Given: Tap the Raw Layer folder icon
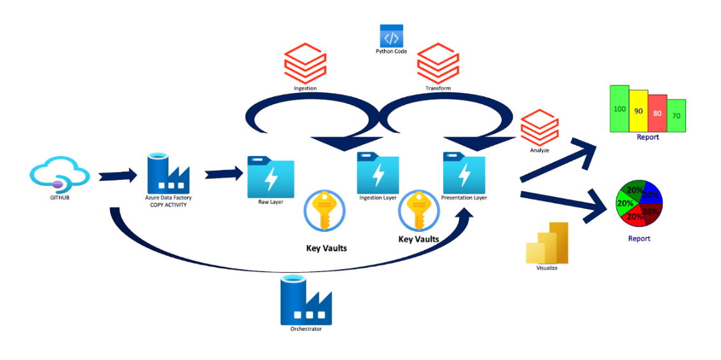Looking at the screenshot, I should [271, 179].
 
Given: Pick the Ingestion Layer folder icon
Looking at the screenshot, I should [378, 173].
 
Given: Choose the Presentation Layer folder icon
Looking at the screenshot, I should [464, 173].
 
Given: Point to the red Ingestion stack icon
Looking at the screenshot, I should [305, 62].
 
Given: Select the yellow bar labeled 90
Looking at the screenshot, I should [639, 111].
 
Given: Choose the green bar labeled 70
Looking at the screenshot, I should [676, 116].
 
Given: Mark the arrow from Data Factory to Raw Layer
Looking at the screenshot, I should [224, 173].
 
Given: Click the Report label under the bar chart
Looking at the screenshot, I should [648, 137].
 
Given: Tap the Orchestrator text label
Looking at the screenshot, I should [306, 329].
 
